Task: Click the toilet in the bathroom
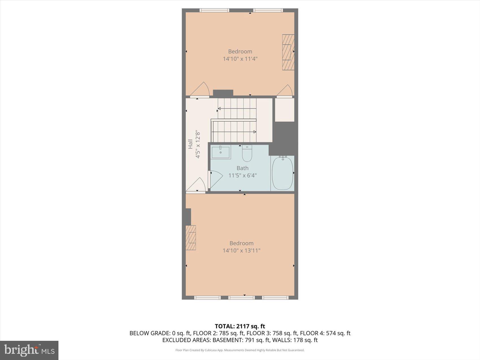(247, 154)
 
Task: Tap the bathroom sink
(221, 152)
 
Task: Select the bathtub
(282, 173)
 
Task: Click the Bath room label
(242, 168)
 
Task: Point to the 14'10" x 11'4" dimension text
(240, 59)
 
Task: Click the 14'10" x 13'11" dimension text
(241, 250)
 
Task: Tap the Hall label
(191, 144)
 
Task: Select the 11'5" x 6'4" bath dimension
(242, 176)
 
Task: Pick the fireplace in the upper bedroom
(288, 52)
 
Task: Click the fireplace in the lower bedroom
(191, 237)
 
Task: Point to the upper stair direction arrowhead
(219, 109)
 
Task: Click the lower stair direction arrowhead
(255, 132)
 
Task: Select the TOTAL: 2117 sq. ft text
(240, 326)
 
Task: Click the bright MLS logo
(29, 350)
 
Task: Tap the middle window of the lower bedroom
(241, 297)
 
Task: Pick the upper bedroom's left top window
(214, 10)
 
